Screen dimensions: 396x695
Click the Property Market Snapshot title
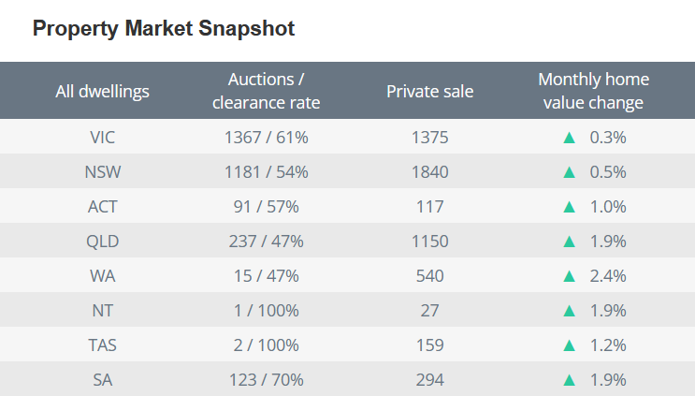click(x=164, y=29)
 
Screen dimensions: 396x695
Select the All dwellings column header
click(x=103, y=91)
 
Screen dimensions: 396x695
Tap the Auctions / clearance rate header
click(x=266, y=91)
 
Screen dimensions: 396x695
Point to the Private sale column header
click(x=429, y=91)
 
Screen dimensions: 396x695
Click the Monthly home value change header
click(x=593, y=91)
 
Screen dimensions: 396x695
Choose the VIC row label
click(x=103, y=138)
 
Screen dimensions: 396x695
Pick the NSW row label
click(x=103, y=172)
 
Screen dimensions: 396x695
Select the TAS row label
click(x=103, y=345)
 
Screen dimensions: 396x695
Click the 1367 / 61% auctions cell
click(x=266, y=138)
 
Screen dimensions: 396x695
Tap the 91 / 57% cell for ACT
click(x=266, y=207)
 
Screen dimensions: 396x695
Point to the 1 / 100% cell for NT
click(x=266, y=311)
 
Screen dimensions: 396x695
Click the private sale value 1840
click(x=429, y=172)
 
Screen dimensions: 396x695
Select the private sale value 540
click(x=429, y=276)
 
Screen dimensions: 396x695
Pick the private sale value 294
click(x=429, y=380)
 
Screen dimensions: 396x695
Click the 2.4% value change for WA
click(x=607, y=276)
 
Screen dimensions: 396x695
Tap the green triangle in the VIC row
click(x=568, y=138)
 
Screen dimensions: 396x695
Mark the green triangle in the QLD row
click(x=568, y=242)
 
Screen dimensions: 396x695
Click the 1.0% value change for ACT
click(x=607, y=207)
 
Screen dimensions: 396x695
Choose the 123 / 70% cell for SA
click(x=266, y=380)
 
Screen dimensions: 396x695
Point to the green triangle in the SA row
click(x=568, y=380)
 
